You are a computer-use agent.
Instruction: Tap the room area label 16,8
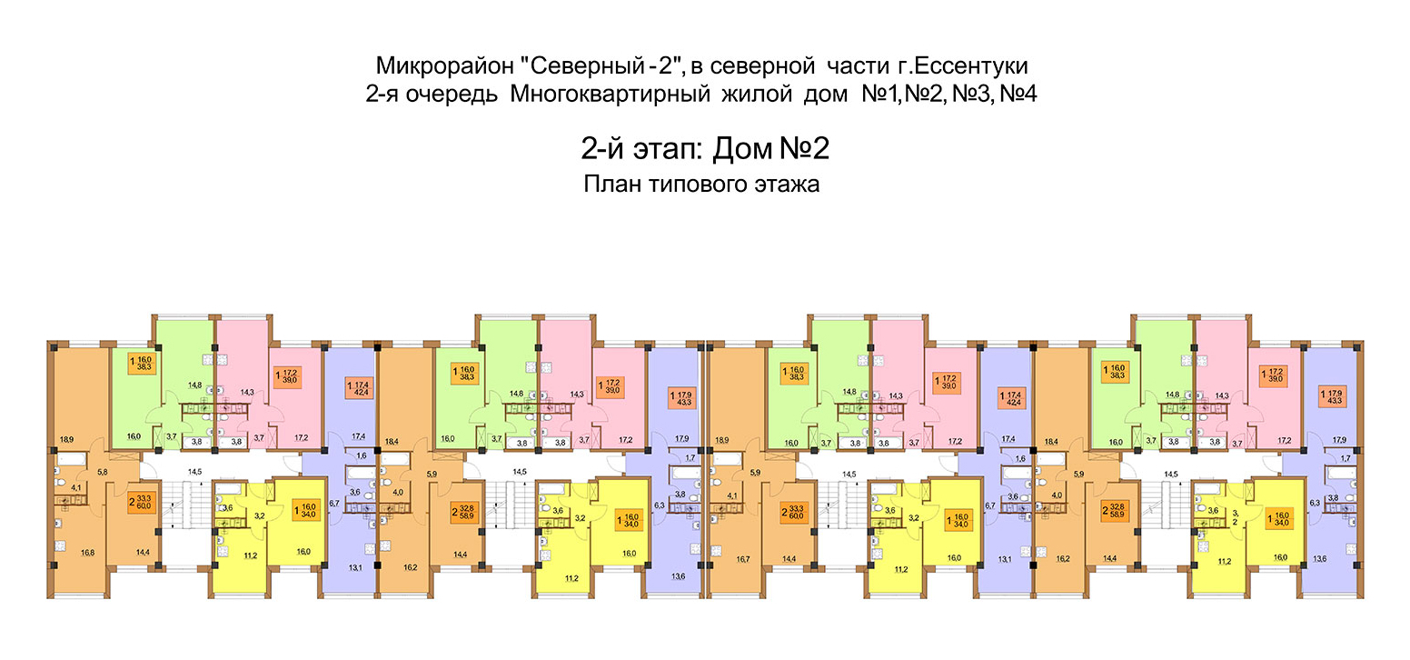tap(62, 552)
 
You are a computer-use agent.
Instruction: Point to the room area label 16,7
tap(722, 552)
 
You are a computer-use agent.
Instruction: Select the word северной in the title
tap(752, 67)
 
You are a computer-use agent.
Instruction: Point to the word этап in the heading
tap(651, 147)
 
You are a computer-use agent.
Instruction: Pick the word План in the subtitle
tap(613, 185)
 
